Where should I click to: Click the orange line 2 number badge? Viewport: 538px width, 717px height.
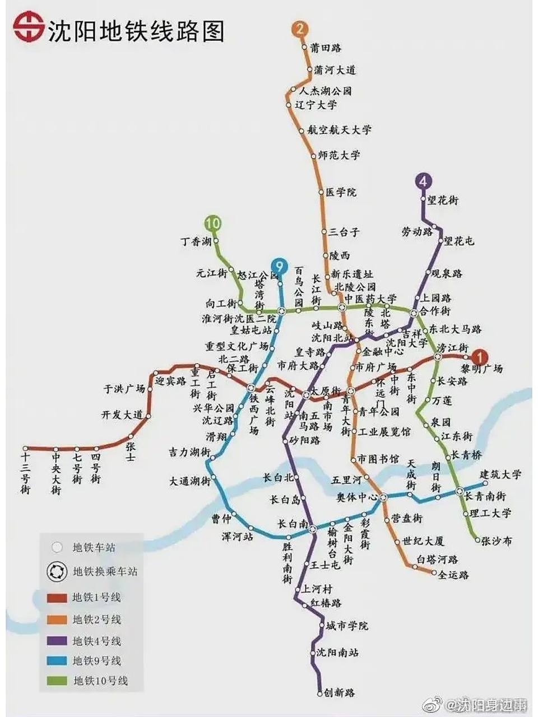(x=300, y=29)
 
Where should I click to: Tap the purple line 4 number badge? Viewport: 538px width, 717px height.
(x=424, y=181)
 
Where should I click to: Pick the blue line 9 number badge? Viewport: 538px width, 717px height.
(x=279, y=266)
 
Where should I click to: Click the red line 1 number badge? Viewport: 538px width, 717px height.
(x=479, y=356)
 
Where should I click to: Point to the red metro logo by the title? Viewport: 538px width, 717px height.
(x=29, y=28)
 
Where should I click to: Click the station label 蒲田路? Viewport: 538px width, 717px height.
(x=326, y=48)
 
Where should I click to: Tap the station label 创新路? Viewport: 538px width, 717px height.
(x=339, y=693)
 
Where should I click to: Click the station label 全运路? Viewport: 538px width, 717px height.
(x=453, y=575)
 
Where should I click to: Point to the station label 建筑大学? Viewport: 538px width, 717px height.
(x=501, y=474)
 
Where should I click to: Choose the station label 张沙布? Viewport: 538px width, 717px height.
(x=497, y=541)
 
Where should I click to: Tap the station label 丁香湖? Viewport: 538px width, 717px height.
(x=196, y=241)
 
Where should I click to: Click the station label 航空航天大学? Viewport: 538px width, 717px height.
(x=340, y=130)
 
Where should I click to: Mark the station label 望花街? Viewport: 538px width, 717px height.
(x=443, y=200)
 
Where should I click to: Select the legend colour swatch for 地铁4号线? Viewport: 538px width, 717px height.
(x=57, y=641)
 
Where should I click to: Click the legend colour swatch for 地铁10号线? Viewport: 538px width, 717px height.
(x=57, y=681)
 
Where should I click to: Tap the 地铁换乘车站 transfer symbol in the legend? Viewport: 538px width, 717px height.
(x=57, y=572)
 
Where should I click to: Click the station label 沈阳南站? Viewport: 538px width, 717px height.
(x=337, y=653)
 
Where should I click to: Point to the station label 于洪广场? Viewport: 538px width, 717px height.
(x=124, y=389)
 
